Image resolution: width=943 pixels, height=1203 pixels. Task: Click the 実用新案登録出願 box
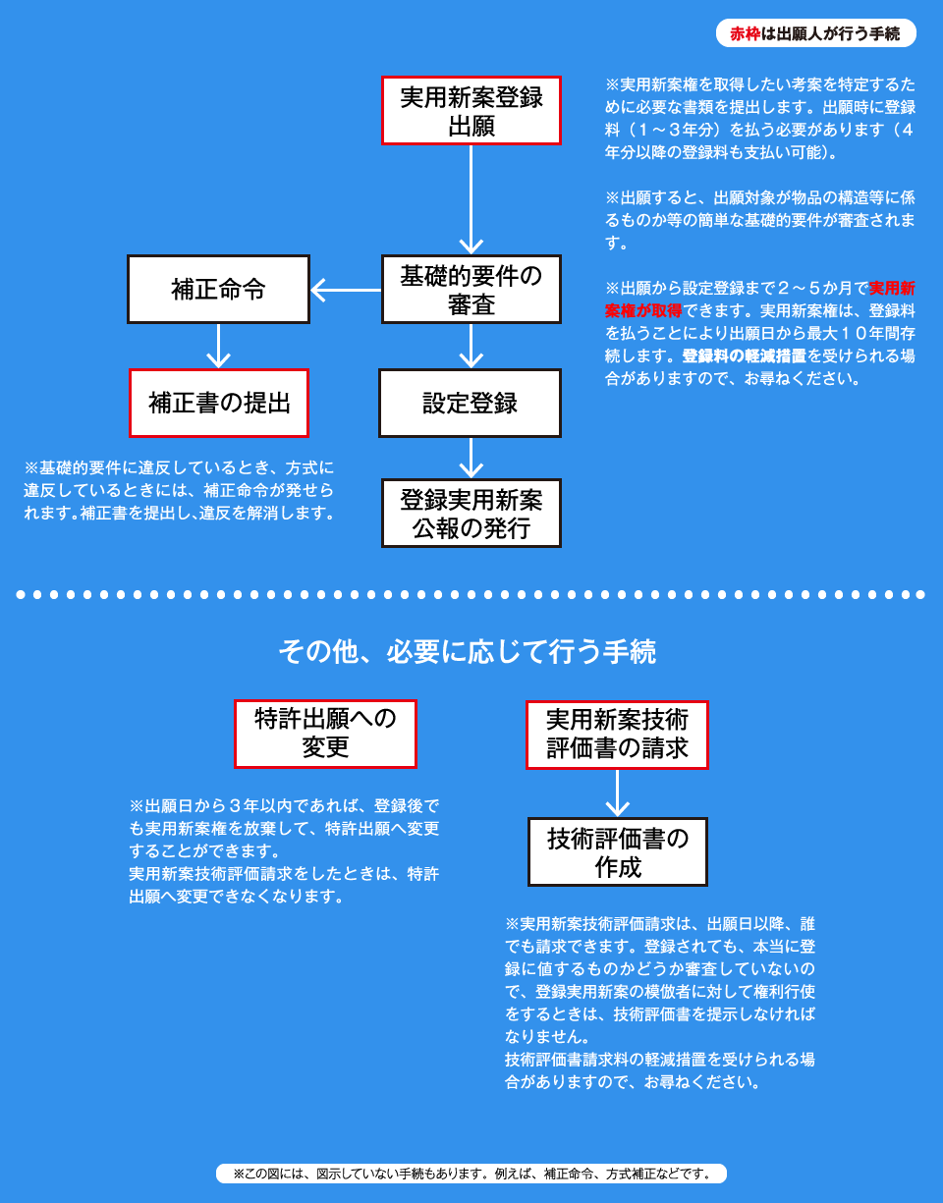click(x=471, y=111)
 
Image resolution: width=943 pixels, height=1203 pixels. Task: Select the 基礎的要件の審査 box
click(x=471, y=290)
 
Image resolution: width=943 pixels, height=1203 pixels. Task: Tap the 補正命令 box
click(x=218, y=290)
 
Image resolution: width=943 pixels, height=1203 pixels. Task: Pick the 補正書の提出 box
click(x=219, y=403)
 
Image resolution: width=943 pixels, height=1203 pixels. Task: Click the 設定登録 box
click(x=471, y=403)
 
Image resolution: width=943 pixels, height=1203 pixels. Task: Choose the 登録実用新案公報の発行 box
click(x=471, y=514)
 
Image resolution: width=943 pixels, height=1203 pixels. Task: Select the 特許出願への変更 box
click(x=325, y=735)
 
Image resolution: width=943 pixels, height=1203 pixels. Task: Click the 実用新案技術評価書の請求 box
click(x=617, y=735)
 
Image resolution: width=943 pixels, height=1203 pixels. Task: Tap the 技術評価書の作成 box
click(x=618, y=852)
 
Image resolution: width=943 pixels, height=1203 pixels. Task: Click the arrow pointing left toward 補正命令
click(x=346, y=290)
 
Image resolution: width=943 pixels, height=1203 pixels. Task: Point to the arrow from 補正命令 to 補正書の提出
click(x=219, y=346)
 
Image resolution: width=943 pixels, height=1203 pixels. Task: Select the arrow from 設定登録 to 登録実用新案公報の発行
click(x=471, y=458)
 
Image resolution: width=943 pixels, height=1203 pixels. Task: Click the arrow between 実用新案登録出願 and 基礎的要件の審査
click(x=471, y=200)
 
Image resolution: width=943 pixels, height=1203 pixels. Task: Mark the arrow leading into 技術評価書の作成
click(x=617, y=793)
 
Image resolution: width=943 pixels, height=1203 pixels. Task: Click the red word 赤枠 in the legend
click(x=745, y=34)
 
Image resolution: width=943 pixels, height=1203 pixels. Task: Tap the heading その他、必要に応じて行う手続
click(x=467, y=652)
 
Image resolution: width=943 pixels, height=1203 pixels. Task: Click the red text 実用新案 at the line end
click(x=892, y=289)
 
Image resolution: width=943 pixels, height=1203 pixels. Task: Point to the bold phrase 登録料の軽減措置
click(x=744, y=355)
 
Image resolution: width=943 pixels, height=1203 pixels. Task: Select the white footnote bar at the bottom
click(x=471, y=1174)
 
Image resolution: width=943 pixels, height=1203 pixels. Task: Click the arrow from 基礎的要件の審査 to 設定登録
click(x=471, y=346)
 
